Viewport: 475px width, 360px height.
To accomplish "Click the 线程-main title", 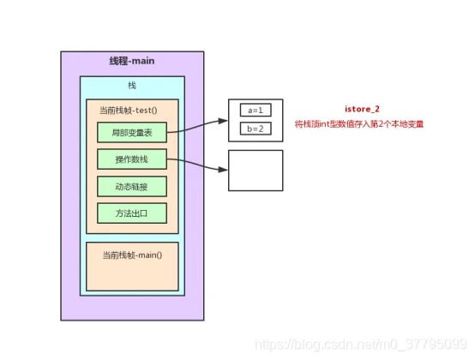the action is pos(132,61).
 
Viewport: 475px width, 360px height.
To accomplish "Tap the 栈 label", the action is pos(132,86).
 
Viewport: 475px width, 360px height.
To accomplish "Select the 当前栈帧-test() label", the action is pos(129,111).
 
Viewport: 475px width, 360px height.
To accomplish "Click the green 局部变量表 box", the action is pos(132,132).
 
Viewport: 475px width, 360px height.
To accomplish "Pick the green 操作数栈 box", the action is pos(132,159).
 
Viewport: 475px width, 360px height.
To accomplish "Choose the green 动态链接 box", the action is pos(132,186).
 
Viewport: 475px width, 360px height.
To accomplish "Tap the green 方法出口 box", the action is pos(132,213).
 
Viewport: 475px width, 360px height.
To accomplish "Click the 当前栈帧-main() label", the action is pos(132,255).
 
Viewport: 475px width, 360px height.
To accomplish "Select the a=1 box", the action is pos(256,110).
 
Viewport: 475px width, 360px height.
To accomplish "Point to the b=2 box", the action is pos(256,129).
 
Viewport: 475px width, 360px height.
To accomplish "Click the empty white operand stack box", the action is pos(256,171).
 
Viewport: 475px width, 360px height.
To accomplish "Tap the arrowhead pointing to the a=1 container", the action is pos(223,121).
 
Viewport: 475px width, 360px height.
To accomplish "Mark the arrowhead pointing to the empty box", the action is pos(223,170).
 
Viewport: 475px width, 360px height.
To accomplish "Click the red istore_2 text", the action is pos(362,109).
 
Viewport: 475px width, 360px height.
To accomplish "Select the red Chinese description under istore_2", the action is pos(359,124).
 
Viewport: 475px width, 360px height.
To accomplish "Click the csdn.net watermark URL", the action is pos(361,345).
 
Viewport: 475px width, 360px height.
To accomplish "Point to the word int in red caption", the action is pos(324,124).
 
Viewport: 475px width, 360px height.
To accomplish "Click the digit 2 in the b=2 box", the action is pos(261,129).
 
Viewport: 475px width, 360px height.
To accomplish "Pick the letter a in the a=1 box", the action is pos(250,111).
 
